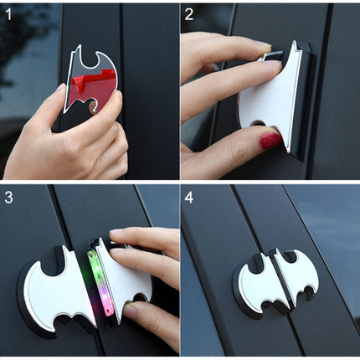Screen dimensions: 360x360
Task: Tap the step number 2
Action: click(x=190, y=13)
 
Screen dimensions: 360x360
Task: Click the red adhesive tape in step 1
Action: click(x=98, y=84)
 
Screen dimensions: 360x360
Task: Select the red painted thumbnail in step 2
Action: click(x=270, y=140)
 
